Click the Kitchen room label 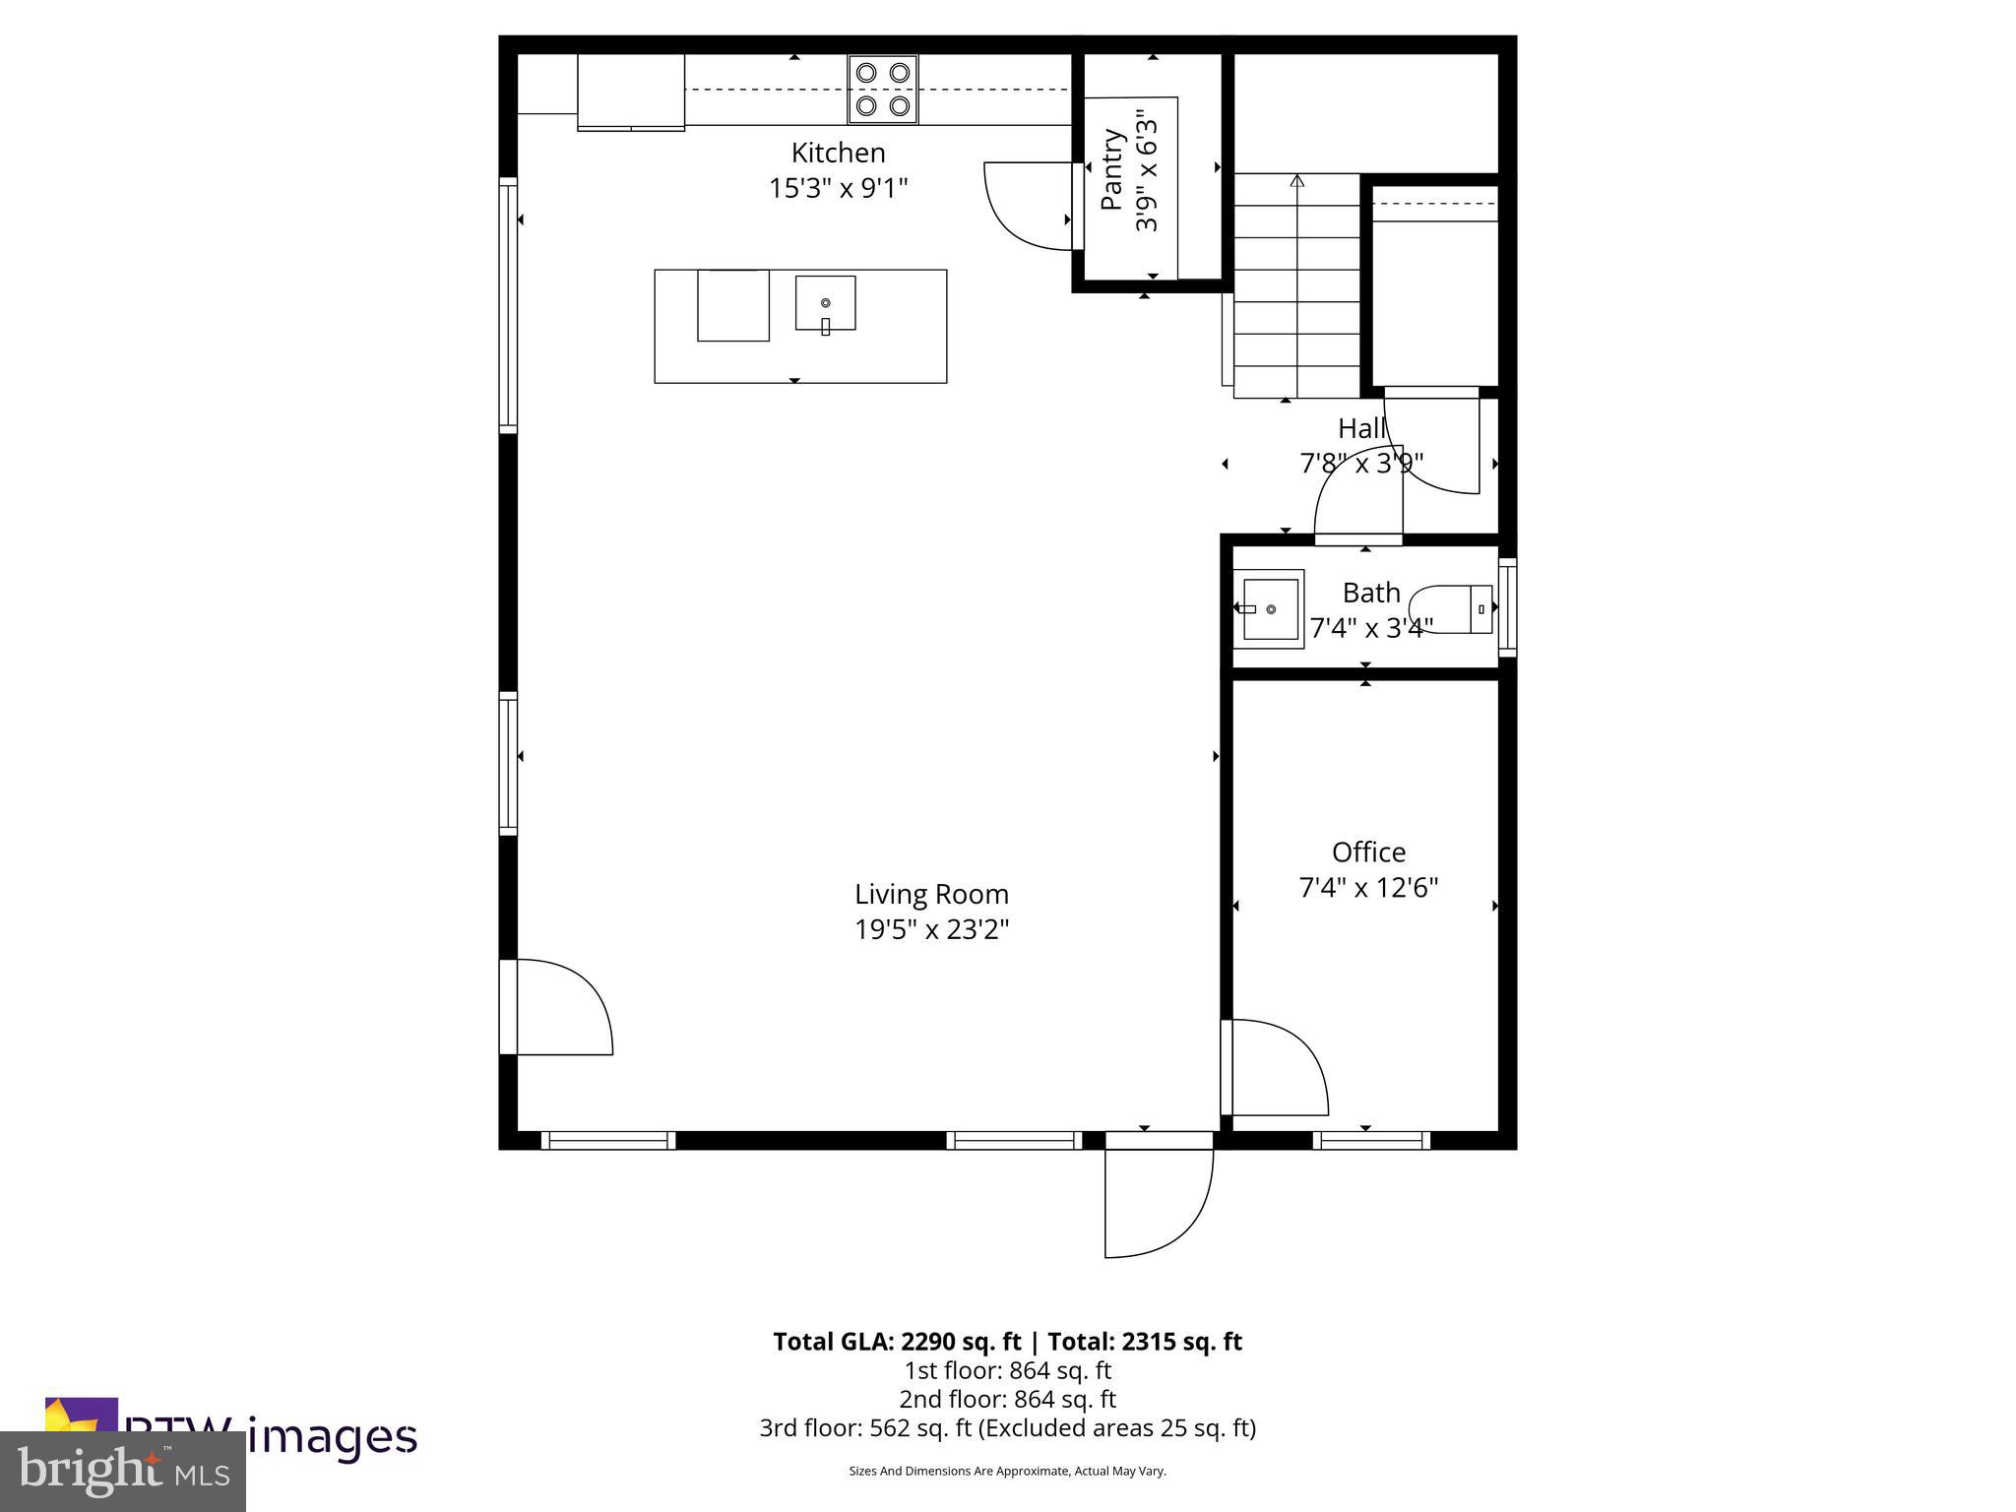[x=838, y=153]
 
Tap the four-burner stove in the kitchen [x=883, y=90]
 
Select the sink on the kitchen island [x=825, y=303]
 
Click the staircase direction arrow [x=1296, y=181]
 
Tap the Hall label [x=1361, y=428]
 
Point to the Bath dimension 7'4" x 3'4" [x=1370, y=627]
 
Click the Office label [x=1368, y=851]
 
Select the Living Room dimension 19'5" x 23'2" [x=931, y=929]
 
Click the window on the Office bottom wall [x=1371, y=1140]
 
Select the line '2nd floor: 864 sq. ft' [x=1007, y=1399]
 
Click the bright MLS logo [x=123, y=1471]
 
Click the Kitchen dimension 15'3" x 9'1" [x=838, y=188]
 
